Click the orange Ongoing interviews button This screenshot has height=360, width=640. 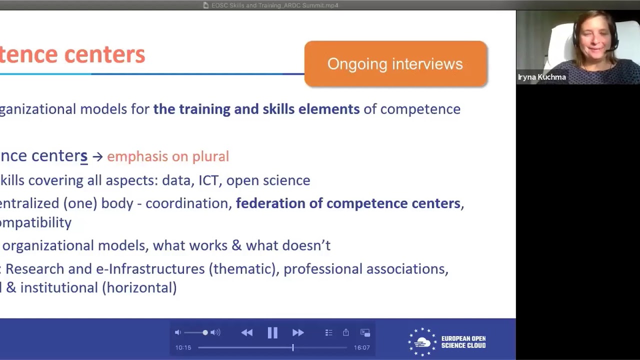[395, 64]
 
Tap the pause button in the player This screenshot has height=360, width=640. [272, 332]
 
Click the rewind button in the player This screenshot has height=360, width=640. [246, 332]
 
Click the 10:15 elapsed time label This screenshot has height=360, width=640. [183, 347]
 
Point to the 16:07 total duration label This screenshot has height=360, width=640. [361, 347]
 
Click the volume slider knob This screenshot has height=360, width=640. [205, 332]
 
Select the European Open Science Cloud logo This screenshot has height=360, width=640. [446, 342]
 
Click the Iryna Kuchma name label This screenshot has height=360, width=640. [542, 77]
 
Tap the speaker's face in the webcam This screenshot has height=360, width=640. [594, 40]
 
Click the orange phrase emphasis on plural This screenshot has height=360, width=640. [168, 156]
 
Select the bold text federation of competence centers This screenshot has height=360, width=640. [348, 203]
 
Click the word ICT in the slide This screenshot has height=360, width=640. [208, 180]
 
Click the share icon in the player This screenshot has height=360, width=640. [345, 332]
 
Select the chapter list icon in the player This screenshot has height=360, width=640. [328, 332]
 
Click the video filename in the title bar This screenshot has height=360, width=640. [274, 5]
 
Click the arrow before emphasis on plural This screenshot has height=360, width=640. [97, 156]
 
